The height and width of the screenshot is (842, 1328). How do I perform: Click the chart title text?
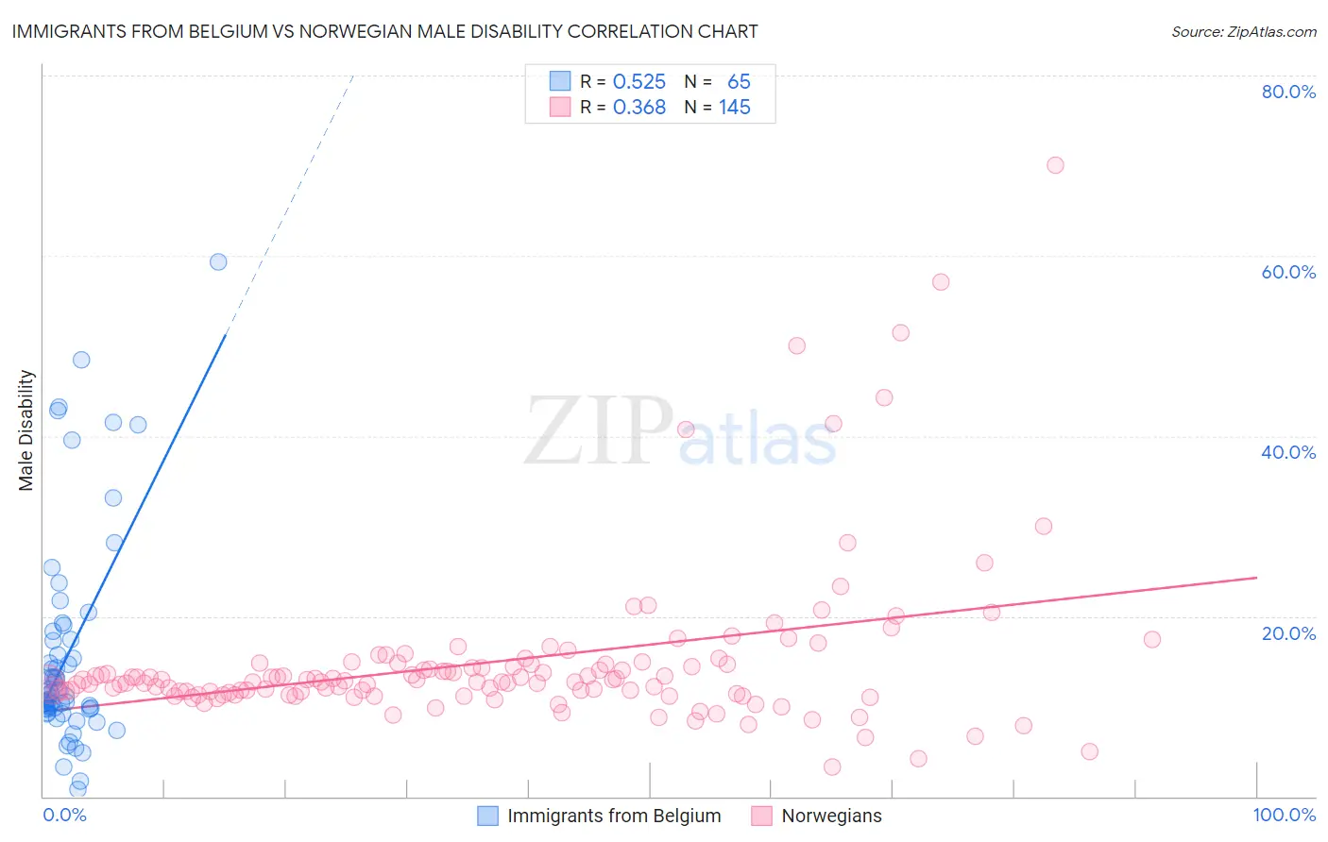coord(384,32)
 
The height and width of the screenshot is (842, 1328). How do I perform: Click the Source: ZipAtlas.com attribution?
coord(1243,32)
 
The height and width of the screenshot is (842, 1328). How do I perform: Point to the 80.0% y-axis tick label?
coord(1288,92)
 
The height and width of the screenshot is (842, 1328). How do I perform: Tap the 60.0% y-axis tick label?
coord(1288,272)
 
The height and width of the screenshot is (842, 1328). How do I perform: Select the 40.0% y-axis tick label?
coord(1288,452)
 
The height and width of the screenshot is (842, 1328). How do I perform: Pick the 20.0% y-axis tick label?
coord(1288,632)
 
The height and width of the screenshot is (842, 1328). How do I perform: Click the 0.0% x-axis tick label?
coord(64,815)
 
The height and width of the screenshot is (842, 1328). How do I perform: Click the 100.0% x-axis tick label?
coord(1284,815)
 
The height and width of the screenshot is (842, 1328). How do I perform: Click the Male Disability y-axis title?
coord(26,430)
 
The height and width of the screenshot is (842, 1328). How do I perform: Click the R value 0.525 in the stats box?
coord(639,82)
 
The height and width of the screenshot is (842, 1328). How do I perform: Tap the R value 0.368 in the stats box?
coord(639,108)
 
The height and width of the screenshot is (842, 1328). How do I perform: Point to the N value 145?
coord(735,108)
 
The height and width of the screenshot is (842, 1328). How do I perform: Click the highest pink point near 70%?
coord(1055,165)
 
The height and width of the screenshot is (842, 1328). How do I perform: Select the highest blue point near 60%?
coord(218,262)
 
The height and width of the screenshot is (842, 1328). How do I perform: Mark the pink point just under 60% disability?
coord(941,282)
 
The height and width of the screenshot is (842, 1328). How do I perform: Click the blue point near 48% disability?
coord(81,360)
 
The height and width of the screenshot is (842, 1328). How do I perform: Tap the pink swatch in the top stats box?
coord(560,108)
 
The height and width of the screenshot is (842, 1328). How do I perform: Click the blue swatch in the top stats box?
coord(560,82)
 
